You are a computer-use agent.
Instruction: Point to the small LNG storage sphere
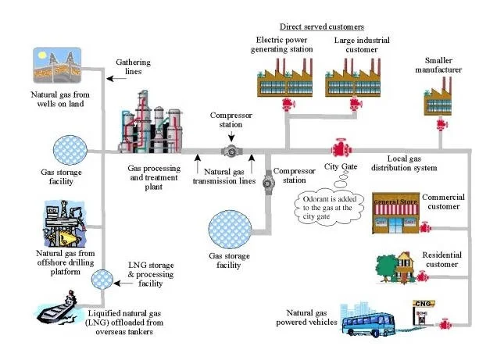[x=102, y=279]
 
